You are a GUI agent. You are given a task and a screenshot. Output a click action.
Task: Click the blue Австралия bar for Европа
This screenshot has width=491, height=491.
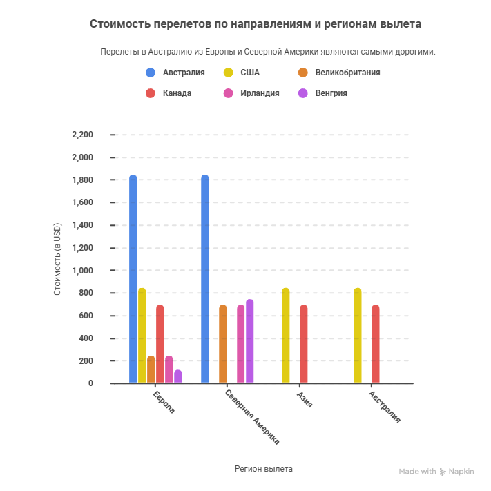(x=133, y=279)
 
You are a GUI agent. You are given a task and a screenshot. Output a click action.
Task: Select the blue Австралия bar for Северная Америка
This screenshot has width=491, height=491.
(x=204, y=279)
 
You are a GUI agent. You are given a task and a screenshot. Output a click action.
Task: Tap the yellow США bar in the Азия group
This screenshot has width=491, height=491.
(x=285, y=336)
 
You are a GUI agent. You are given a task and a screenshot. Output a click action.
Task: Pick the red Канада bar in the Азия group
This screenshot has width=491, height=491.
(x=303, y=344)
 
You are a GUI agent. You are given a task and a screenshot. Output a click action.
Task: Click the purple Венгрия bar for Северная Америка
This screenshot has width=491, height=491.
(x=249, y=341)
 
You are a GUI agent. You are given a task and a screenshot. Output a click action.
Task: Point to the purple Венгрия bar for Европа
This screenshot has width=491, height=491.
(x=177, y=376)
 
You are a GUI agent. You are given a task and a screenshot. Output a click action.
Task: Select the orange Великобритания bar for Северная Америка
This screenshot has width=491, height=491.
(x=222, y=344)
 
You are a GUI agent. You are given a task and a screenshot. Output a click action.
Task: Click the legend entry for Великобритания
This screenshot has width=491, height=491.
(x=347, y=73)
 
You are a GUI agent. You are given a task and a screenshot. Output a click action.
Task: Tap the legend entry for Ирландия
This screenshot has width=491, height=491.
(x=259, y=93)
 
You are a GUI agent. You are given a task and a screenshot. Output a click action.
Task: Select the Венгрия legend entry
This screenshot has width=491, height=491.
(x=331, y=93)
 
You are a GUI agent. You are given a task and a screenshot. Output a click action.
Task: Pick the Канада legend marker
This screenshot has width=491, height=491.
(x=151, y=93)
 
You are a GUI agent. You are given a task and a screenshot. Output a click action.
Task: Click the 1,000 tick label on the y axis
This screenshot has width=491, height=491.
(x=82, y=271)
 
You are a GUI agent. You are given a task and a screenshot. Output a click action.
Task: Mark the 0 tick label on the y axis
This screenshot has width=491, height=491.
(x=90, y=383)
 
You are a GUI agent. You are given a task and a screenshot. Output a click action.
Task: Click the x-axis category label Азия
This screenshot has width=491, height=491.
(x=305, y=399)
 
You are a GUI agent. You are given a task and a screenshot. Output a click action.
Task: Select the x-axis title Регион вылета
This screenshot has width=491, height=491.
(x=264, y=468)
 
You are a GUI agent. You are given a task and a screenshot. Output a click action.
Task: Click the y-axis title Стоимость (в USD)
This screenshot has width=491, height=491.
(x=57, y=259)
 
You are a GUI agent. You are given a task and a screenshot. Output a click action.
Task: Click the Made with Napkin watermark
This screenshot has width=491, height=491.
(x=436, y=472)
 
